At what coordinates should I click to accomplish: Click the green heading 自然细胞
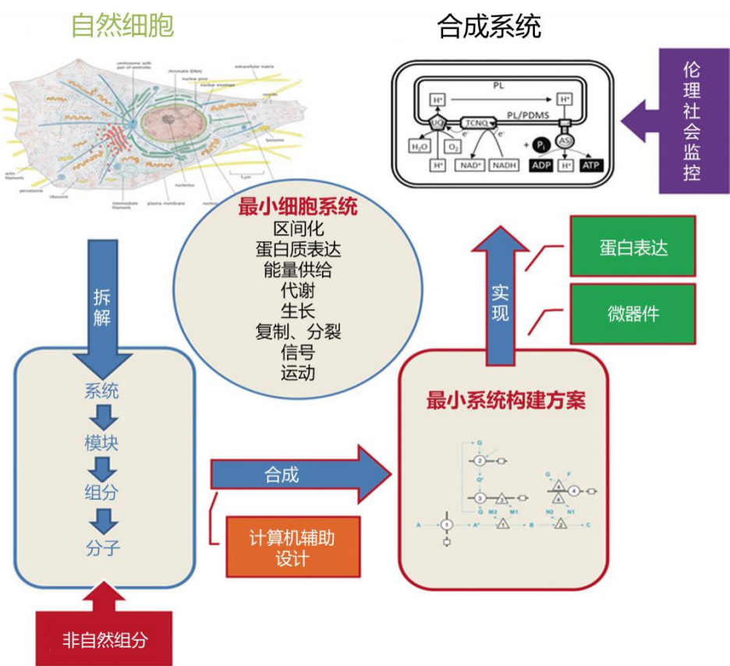pos(122,26)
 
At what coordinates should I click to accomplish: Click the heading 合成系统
pos(489,27)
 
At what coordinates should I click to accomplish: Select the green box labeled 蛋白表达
pos(633,246)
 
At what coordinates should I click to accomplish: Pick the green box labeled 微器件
pos(633,314)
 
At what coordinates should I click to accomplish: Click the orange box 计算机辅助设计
pos(293,547)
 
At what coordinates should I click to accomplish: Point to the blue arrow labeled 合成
pos(296,474)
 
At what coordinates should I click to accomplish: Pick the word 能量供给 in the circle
pos(297,270)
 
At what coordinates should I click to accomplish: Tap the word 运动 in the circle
pos(297,372)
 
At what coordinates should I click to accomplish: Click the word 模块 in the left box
pos(102,442)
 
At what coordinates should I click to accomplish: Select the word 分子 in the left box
pos(102,547)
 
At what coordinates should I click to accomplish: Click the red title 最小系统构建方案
pos(505,402)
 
